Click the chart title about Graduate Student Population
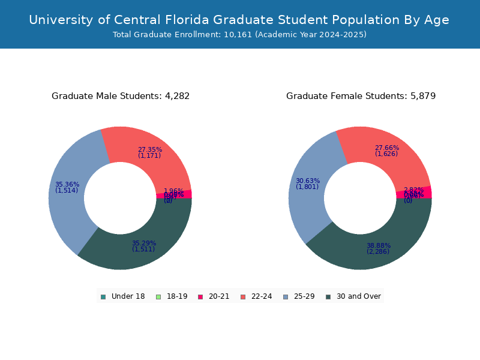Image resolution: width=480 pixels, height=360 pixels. tap(239, 20)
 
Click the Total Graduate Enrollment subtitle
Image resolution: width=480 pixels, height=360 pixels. tap(239, 35)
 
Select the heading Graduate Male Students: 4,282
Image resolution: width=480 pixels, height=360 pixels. tap(121, 96)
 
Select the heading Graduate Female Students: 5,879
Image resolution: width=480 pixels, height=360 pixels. tap(361, 96)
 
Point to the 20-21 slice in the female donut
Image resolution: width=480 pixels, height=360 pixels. tap(423, 192)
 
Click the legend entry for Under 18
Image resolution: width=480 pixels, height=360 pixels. tap(123, 296)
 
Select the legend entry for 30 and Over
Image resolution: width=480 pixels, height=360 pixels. tap(353, 296)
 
